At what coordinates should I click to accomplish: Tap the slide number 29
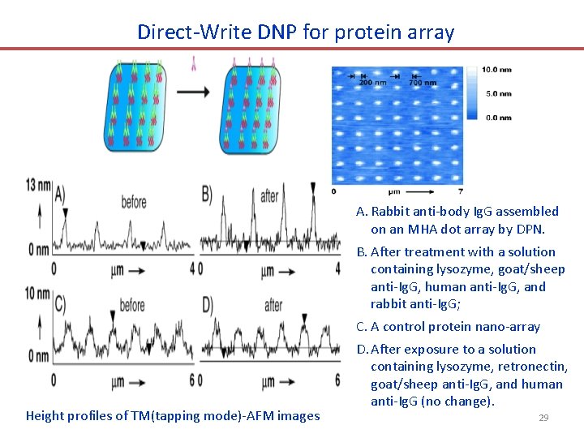tap(543, 418)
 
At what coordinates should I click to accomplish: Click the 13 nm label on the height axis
tap(38, 185)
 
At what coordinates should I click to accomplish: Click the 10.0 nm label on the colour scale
tap(496, 70)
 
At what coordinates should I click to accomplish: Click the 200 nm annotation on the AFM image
tap(371, 83)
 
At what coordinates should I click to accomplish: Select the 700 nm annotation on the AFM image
tap(422, 83)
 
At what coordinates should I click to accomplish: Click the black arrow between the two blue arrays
tap(192, 92)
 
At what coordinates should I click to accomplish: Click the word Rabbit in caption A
tap(393, 212)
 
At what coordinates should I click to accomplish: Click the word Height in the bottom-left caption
tap(45, 416)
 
